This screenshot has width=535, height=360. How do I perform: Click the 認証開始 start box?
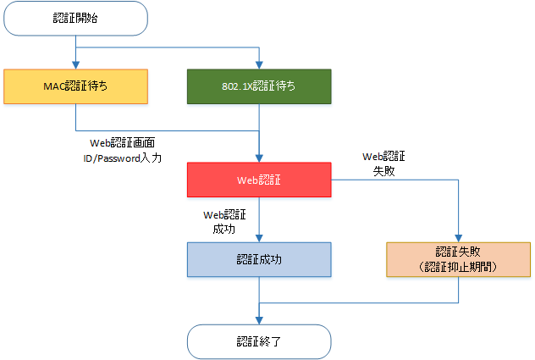click(76, 19)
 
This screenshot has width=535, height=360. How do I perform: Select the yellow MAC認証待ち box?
click(76, 86)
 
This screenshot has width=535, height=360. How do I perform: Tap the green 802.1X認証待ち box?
click(258, 86)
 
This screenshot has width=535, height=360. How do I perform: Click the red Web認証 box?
click(258, 180)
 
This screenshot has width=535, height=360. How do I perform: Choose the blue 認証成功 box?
click(258, 259)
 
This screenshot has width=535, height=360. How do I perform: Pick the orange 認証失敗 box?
click(458, 259)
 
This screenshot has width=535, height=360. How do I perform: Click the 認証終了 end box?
click(258, 341)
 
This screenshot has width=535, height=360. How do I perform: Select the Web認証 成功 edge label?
click(224, 222)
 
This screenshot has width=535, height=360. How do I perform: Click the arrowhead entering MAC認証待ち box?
click(76, 65)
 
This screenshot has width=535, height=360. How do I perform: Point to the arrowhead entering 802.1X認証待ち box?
click(258, 65)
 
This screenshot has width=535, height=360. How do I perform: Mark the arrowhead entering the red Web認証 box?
click(258, 158)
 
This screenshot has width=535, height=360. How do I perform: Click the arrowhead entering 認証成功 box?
click(258, 238)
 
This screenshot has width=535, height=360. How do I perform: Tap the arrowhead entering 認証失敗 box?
click(458, 238)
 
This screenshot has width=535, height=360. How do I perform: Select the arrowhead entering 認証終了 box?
click(258, 320)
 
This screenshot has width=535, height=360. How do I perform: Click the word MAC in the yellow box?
click(52, 86)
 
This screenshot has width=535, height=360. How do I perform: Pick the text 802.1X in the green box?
click(234, 86)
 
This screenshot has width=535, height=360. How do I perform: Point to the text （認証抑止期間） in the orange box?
click(458, 266)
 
